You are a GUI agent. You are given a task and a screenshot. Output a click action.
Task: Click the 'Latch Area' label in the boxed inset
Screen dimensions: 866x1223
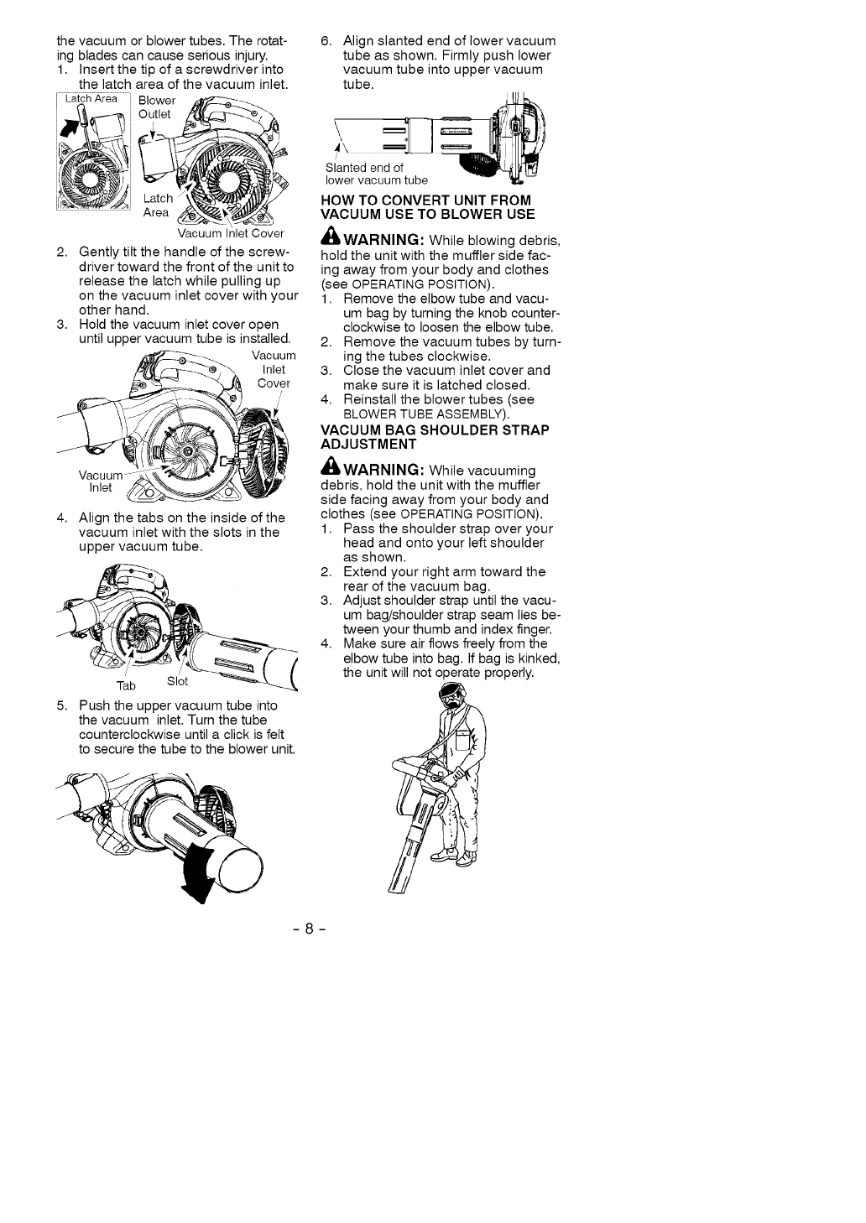point(91,99)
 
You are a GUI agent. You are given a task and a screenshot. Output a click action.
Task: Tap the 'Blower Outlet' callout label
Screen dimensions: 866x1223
point(156,107)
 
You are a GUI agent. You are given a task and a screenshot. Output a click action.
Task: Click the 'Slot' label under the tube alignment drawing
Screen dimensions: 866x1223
point(177,680)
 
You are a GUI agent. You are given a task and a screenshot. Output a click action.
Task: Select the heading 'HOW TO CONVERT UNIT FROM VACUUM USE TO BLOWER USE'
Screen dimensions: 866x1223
point(427,206)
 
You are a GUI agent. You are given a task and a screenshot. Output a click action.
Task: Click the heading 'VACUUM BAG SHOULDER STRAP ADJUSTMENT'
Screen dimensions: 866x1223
point(434,436)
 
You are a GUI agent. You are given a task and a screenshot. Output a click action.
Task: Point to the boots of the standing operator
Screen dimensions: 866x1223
point(453,856)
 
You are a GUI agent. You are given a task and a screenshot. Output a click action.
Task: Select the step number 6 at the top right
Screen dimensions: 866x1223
point(327,40)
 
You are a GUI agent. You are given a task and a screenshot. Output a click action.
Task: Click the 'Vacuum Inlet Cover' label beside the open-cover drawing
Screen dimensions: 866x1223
point(273,370)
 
